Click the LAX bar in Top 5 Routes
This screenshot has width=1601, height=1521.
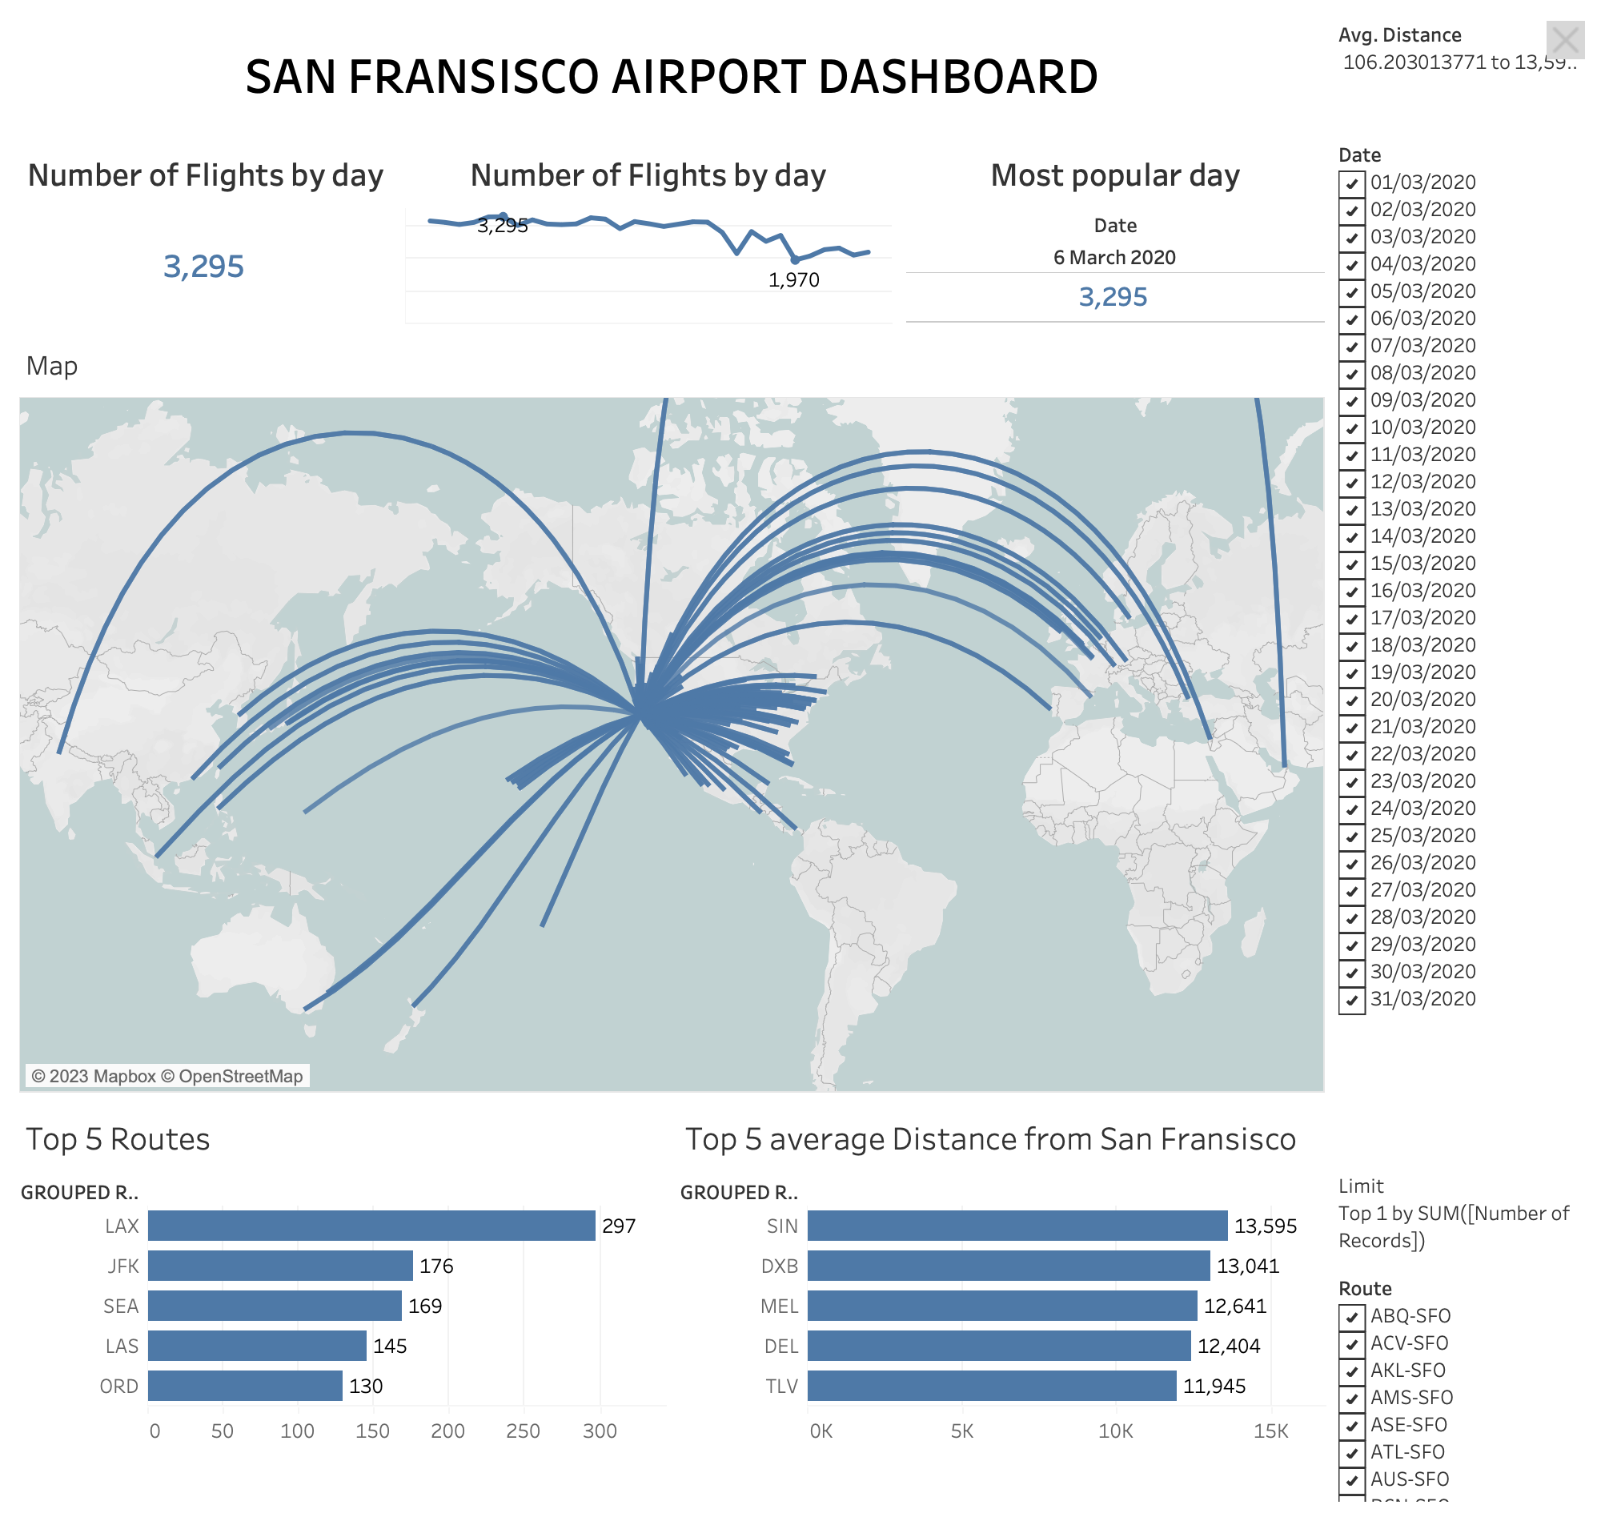click(x=371, y=1225)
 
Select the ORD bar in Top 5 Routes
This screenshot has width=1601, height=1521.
click(x=245, y=1386)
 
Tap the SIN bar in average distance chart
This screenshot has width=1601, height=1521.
click(x=1017, y=1225)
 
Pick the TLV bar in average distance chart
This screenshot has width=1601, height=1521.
click(x=990, y=1386)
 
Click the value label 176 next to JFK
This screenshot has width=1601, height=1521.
click(x=436, y=1266)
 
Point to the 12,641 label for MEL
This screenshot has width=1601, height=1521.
click(x=1234, y=1306)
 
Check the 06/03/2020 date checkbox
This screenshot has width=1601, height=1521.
click(x=1351, y=319)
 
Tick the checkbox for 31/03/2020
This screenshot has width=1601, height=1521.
click(x=1351, y=999)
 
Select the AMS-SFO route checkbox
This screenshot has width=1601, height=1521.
click(x=1351, y=1398)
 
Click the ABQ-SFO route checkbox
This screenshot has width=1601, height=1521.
click(x=1351, y=1316)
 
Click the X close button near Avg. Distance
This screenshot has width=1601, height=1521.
click(x=1564, y=40)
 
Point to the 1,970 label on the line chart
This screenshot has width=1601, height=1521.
click(x=793, y=279)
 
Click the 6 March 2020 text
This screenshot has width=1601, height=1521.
click(x=1113, y=257)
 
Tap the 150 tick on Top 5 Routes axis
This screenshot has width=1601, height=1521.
click(x=372, y=1431)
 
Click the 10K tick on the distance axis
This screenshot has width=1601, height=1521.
click(x=1115, y=1431)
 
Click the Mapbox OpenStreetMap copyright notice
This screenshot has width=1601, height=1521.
click(x=167, y=1076)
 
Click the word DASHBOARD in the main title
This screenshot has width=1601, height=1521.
click(x=957, y=77)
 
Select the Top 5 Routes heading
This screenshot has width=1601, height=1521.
click(x=118, y=1139)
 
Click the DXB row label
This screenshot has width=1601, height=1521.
click(x=779, y=1266)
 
